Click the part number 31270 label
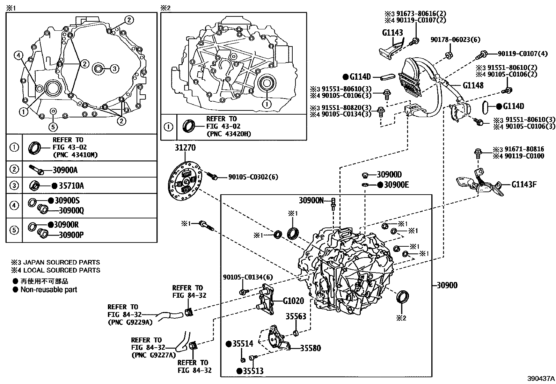(x=185, y=148)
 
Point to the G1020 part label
(x=293, y=300)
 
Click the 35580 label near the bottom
(x=310, y=348)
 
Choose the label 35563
(x=296, y=316)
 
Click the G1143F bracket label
(x=524, y=184)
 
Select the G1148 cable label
(x=473, y=85)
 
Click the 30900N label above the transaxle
(x=311, y=200)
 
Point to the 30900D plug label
(x=389, y=174)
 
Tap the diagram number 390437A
(x=541, y=378)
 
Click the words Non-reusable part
(x=49, y=289)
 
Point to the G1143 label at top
(x=393, y=33)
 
